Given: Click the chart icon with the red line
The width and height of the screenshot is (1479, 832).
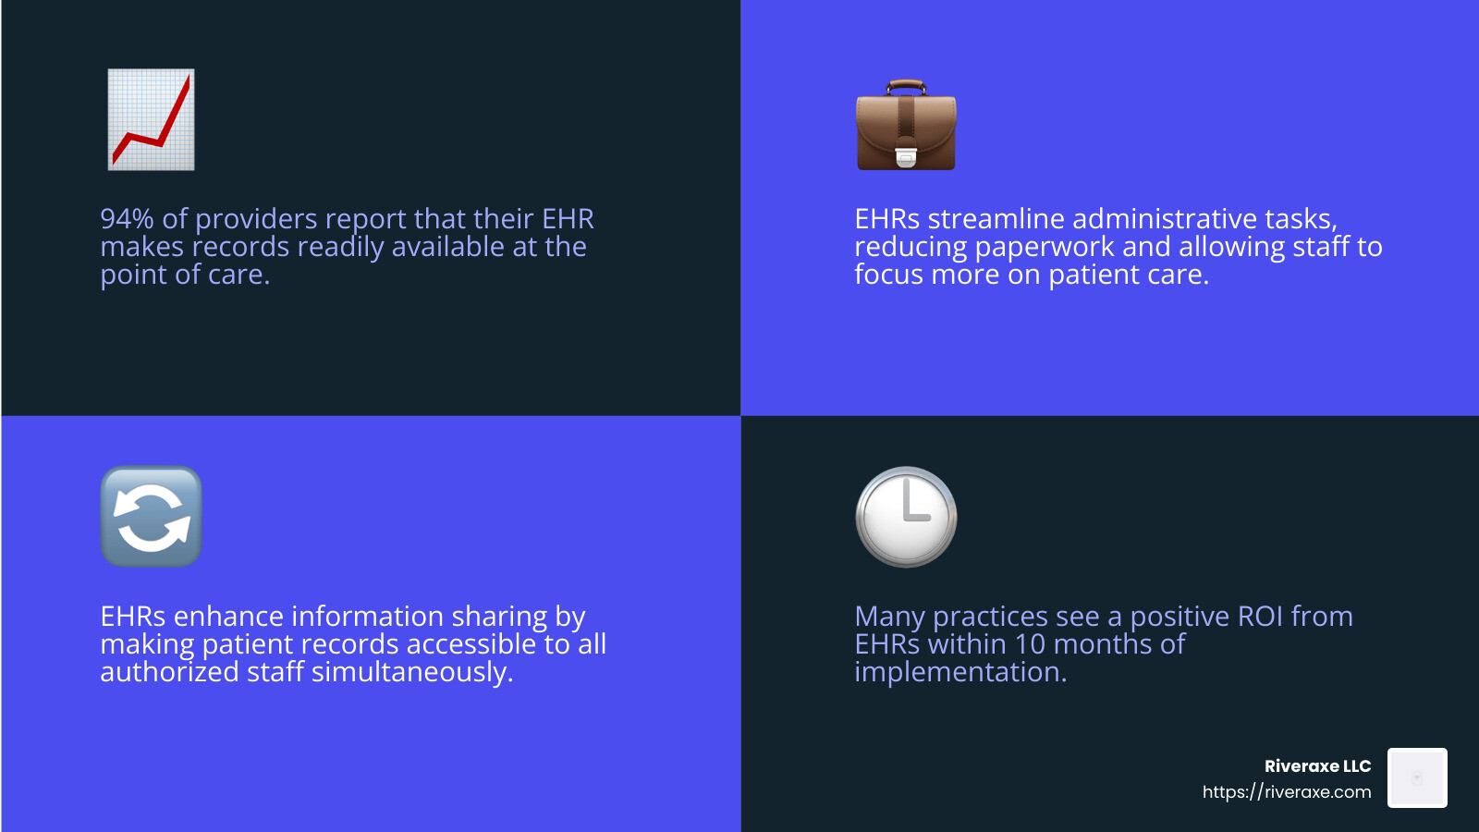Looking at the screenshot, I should tap(151, 119).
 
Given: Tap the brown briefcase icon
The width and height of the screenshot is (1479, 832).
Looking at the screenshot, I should tap(906, 127).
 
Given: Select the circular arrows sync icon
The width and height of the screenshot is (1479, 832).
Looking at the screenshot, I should tap(151, 517).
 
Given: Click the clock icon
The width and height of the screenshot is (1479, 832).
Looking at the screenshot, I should tap(906, 517).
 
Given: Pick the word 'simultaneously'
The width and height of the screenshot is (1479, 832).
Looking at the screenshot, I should tap(411, 672).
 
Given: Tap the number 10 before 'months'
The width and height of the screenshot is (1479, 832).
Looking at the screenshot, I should tap(1030, 644).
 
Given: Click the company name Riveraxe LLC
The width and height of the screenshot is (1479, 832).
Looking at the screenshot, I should tap(1317, 766).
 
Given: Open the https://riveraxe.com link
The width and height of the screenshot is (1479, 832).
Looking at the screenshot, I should tap(1287, 792).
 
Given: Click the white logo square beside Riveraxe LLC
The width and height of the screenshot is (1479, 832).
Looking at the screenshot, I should tap(1417, 778).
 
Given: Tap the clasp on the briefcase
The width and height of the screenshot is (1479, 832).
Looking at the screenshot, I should tap(906, 158).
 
